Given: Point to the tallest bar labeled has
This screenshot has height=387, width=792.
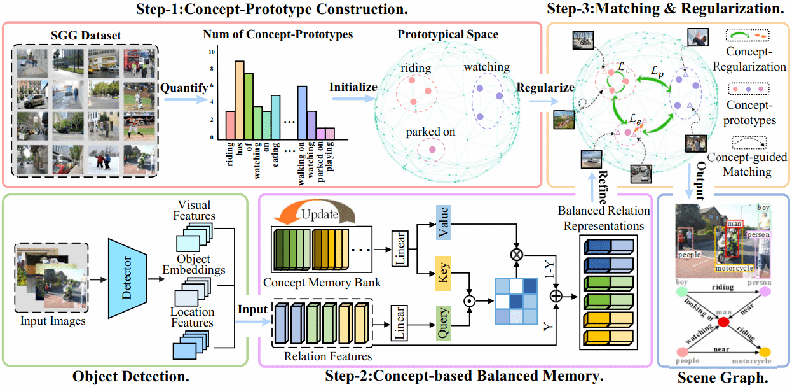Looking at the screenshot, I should coord(240,99).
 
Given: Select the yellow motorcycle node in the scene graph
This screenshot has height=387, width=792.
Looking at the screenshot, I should coord(765,351).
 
